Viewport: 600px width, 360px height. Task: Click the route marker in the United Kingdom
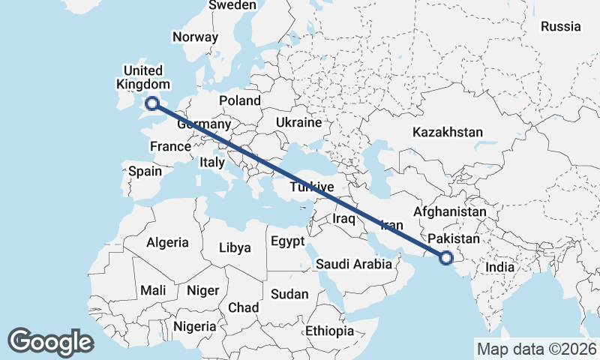coord(152,104)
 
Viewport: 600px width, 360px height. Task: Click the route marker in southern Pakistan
coord(446,259)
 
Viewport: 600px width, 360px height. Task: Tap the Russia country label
coord(560,26)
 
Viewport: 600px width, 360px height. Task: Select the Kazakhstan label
coord(447,132)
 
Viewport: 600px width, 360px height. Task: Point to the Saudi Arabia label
coord(353,264)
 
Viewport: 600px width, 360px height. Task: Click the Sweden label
coord(232,5)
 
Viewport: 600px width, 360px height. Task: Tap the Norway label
coord(195,37)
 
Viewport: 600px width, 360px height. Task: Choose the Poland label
coord(240,100)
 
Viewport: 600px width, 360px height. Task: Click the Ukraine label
coord(298,122)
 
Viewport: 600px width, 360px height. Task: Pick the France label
coord(170,146)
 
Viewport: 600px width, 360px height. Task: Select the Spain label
coord(145,171)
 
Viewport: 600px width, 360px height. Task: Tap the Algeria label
coord(167,243)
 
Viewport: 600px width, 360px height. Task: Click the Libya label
coord(235,247)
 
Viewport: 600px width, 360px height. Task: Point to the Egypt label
coord(287,241)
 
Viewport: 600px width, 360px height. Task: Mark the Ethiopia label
coord(329,331)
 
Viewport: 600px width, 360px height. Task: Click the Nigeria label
coord(194,327)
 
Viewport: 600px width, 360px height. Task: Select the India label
coord(499,267)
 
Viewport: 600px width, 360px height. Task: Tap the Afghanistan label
coord(449,212)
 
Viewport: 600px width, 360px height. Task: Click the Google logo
coord(50,342)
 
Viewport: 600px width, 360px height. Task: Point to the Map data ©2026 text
coord(535,349)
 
